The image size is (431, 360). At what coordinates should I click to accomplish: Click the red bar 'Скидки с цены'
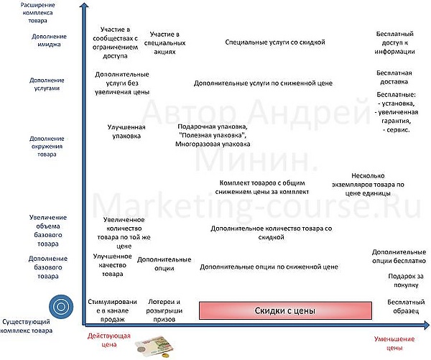285,310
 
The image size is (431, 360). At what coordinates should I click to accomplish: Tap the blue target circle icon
61,306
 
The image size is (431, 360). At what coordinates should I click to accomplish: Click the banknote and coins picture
155,348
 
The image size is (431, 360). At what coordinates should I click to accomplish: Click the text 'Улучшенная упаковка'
126,131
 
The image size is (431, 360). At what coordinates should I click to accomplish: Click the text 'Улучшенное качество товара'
113,265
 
